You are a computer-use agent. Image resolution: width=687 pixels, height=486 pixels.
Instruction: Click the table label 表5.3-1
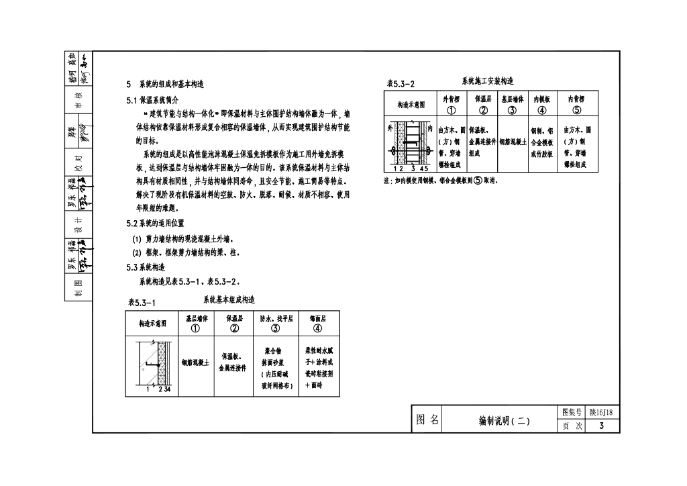pyautogui.click(x=142, y=303)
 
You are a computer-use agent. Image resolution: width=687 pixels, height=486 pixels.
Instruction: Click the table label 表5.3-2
pyautogui.click(x=401, y=84)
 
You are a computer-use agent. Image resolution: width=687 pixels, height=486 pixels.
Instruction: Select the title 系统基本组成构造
pyautogui.click(x=229, y=299)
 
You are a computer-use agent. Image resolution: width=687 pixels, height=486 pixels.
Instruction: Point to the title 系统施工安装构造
pyautogui.click(x=488, y=81)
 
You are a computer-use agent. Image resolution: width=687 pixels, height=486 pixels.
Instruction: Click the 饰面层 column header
pyautogui.click(x=317, y=324)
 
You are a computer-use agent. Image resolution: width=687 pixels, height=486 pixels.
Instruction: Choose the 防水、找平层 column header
pyautogui.click(x=276, y=324)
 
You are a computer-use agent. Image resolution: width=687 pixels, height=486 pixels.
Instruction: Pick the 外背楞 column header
pyautogui.click(x=451, y=105)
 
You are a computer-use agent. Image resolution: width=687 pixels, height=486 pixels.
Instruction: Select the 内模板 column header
pyautogui.click(x=542, y=105)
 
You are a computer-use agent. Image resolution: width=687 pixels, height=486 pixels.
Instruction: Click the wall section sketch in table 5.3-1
pyautogui.click(x=152, y=364)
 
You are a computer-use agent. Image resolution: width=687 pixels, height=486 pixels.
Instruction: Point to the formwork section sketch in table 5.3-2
pyautogui.click(x=410, y=144)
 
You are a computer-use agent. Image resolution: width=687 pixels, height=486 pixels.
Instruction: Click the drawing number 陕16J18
pyautogui.click(x=604, y=413)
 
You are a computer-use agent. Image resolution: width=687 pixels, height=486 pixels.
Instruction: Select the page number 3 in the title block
pyautogui.click(x=602, y=426)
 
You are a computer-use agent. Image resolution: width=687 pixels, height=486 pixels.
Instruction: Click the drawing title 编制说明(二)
pyautogui.click(x=504, y=421)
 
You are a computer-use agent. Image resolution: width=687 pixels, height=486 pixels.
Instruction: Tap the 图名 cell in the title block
pyautogui.click(x=427, y=420)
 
